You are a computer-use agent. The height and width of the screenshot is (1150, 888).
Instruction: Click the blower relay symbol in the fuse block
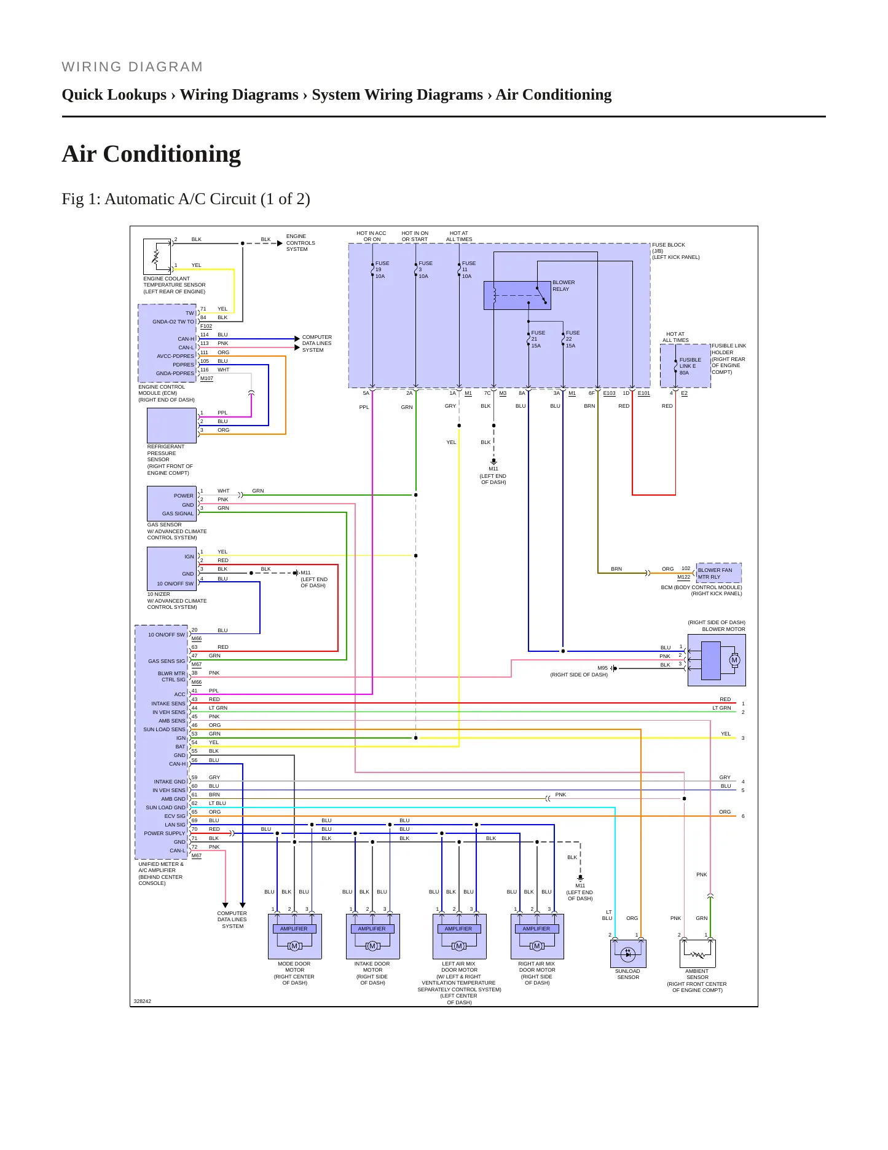pos(517,295)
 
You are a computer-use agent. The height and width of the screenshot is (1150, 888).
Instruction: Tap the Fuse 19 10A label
pos(382,269)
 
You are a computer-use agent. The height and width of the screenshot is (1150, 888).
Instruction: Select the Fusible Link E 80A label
pos(690,366)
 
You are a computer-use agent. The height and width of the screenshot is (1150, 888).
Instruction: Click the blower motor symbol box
pos(717,660)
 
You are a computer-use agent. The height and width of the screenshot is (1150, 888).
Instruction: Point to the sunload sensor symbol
pos(628,954)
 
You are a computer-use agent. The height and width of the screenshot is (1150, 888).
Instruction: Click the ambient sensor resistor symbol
pos(697,954)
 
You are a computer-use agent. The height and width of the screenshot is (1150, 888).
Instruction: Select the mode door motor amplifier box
pos(294,936)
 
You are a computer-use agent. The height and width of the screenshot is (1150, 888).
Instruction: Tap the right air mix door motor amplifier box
pos(537,936)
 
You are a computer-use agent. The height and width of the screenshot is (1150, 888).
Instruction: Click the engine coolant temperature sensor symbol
pos(157,256)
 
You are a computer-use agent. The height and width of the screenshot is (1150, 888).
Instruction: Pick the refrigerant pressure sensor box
pos(172,426)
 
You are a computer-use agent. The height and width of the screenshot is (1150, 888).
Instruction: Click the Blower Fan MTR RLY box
pos(718,573)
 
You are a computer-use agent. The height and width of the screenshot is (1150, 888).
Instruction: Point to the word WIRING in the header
pos(92,67)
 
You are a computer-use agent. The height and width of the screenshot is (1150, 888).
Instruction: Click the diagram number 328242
pos(143,1001)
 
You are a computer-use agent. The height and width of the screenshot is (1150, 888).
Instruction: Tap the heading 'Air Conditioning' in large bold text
pos(151,154)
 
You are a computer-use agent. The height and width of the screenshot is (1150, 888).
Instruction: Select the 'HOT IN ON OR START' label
pos(415,236)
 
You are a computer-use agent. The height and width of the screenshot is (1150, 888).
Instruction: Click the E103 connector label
pos(609,393)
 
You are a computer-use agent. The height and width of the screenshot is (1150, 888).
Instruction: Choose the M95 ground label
pos(602,668)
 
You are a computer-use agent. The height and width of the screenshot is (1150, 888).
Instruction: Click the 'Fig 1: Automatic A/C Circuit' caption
pos(186,199)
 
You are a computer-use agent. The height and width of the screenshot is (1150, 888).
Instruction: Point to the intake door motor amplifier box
pos(372,936)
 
